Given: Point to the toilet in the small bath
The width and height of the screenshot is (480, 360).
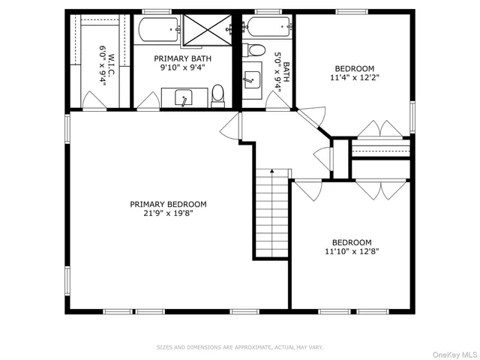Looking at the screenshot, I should (x=256, y=51).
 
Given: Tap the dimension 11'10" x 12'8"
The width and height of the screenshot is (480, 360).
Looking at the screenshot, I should (x=352, y=251).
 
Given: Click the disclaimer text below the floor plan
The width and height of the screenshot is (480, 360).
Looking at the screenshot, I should (x=239, y=347).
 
